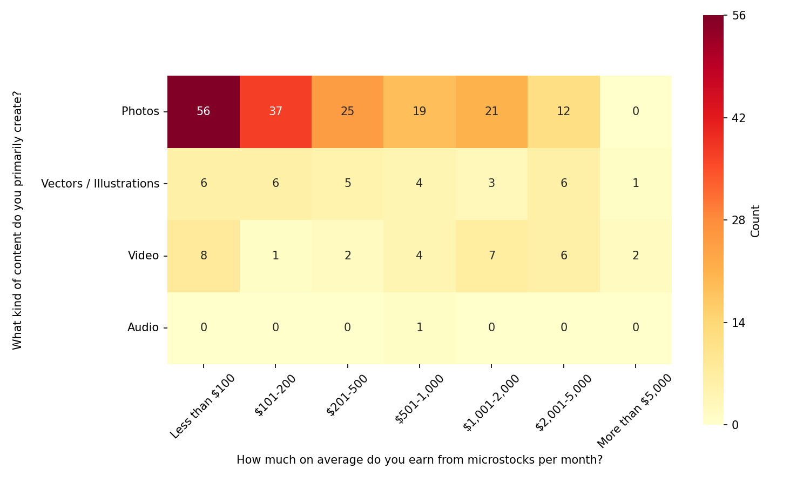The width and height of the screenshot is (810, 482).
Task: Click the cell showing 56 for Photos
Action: [204, 111]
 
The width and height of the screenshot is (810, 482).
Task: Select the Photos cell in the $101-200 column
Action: [275, 111]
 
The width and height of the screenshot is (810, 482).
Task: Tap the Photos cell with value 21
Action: [491, 111]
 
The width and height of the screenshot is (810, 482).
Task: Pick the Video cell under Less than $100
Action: [204, 256]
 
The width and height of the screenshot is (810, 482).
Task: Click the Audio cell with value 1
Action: [420, 327]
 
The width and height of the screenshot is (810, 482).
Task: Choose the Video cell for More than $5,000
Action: [636, 256]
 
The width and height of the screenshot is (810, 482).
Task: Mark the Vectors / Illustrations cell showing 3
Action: [491, 183]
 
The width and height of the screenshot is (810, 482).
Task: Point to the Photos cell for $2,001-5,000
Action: [564, 111]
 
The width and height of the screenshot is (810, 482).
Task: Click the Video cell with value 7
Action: [491, 256]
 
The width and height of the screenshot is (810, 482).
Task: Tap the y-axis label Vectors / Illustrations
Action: [100, 184]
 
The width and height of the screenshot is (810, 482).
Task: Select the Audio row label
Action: [143, 327]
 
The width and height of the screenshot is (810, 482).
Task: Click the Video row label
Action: [144, 256]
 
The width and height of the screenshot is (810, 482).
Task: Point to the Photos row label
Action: [140, 111]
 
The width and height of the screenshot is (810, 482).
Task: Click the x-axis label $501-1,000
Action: [420, 399]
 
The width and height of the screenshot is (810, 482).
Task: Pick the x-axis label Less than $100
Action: [203, 406]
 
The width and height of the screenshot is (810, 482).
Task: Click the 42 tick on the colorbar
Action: [738, 118]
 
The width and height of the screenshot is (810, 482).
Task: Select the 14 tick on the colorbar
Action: [738, 323]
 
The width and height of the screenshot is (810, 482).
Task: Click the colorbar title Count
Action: [755, 220]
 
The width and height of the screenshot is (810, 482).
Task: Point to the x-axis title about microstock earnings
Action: [420, 460]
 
